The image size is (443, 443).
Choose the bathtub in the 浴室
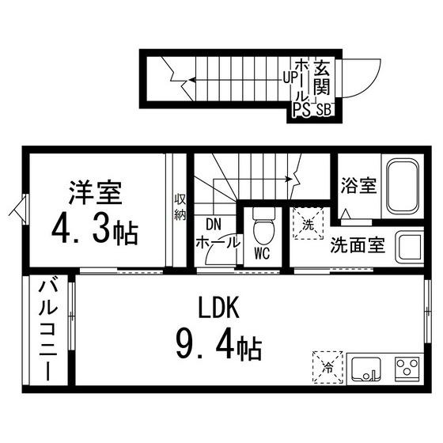403,187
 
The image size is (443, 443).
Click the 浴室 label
358,187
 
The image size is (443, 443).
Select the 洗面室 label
358,244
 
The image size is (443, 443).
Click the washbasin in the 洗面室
410,248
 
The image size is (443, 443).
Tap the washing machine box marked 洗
307,223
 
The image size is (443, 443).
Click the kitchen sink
367,369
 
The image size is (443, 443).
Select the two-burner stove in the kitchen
407,369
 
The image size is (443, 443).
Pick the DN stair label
214,225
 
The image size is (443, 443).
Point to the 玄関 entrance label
322,78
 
